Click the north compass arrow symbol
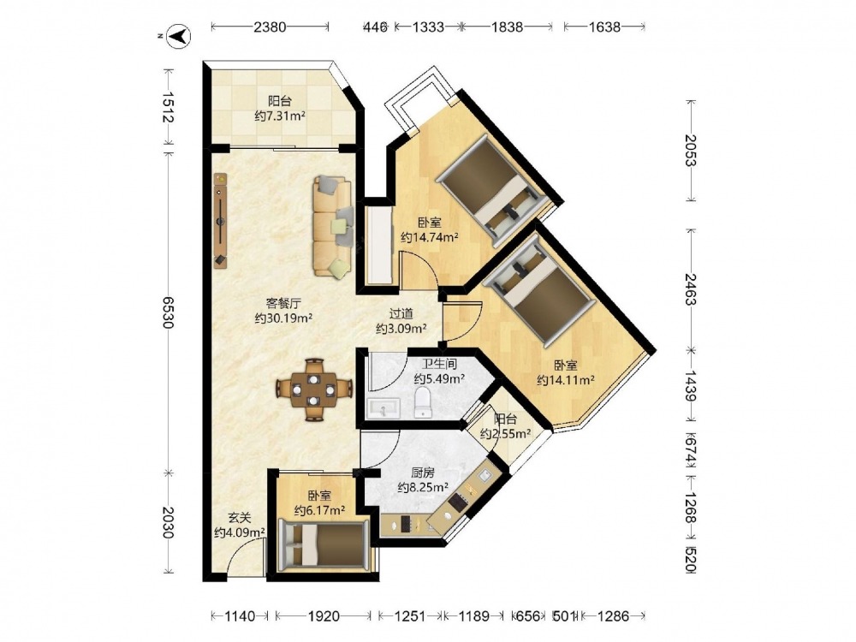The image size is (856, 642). tap(179, 36)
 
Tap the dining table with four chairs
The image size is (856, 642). tap(313, 389)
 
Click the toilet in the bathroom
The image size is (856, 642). tap(423, 402)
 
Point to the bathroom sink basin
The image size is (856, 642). tap(383, 407)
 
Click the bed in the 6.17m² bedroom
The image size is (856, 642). tap(323, 545)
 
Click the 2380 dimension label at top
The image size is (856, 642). tap(270, 27)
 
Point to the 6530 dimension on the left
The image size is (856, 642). tap(168, 312)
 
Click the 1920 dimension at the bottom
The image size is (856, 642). tap(324, 616)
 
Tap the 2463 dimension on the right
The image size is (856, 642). tap(691, 290)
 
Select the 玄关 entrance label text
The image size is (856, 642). tap(239, 517)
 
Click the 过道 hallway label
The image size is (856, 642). tap(401, 314)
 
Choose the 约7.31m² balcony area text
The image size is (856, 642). tap(280, 116)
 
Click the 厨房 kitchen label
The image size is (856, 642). tap(423, 473)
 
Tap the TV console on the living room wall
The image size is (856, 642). tap(221, 220)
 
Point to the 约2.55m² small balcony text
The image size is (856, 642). tap(506, 434)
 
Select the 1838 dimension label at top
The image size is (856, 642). tap(507, 27)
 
